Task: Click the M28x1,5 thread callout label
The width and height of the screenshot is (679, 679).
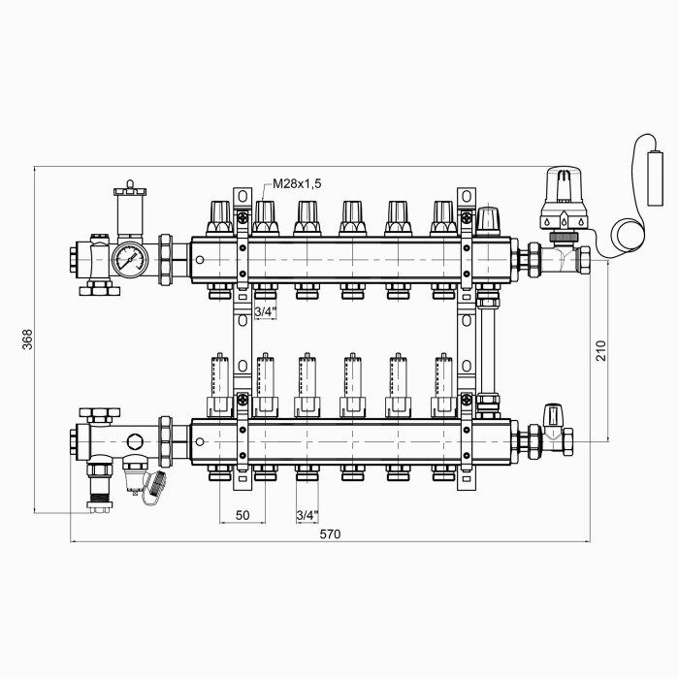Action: click(x=297, y=183)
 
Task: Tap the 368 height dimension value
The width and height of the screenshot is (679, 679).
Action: click(x=27, y=339)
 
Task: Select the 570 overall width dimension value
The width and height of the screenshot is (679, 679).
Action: click(x=330, y=533)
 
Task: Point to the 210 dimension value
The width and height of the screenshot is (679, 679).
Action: click(x=601, y=350)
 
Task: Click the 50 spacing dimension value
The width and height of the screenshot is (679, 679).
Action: click(x=242, y=515)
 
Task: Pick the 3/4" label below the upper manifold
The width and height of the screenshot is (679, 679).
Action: click(x=265, y=311)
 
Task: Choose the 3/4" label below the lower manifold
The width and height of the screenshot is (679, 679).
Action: click(x=307, y=515)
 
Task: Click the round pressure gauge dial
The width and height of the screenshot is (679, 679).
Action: click(x=130, y=260)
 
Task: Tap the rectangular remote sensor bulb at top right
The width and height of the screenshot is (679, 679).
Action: click(x=655, y=178)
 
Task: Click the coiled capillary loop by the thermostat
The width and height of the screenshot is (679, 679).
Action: click(x=630, y=237)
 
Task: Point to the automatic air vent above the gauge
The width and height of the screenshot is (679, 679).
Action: click(x=130, y=211)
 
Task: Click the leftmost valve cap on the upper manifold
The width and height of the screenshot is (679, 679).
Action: click(x=220, y=218)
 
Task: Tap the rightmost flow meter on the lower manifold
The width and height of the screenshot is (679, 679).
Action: click(x=443, y=385)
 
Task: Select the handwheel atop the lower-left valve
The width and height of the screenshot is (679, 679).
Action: click(x=100, y=414)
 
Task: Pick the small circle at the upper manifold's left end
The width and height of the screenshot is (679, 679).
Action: click(x=200, y=260)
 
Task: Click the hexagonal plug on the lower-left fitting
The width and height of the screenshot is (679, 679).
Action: click(x=135, y=441)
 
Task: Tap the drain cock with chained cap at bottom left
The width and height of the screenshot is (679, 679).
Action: click(x=143, y=481)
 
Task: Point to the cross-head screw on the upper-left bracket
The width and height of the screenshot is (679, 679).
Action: click(x=242, y=217)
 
